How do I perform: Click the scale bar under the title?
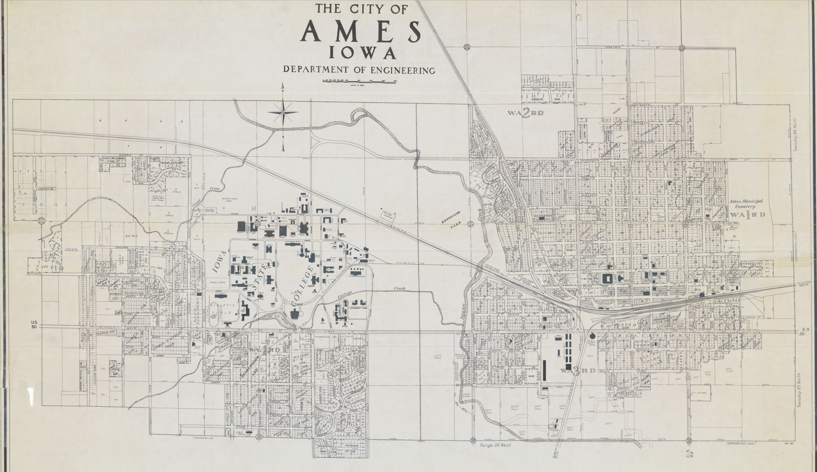359,81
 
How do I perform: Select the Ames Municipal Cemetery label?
746,204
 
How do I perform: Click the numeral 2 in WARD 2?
525,113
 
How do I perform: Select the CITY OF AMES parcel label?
699,393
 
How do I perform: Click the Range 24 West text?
495,445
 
